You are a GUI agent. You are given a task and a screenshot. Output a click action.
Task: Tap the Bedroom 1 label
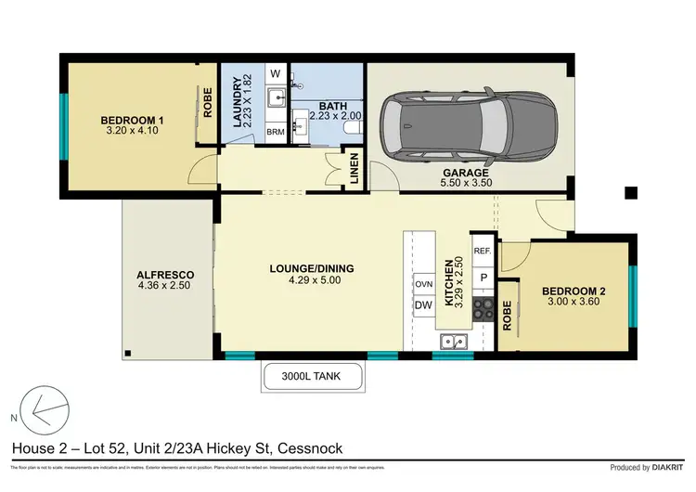pyautogui.click(x=132, y=119)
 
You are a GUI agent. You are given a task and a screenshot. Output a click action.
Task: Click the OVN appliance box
pyautogui.click(x=422, y=284)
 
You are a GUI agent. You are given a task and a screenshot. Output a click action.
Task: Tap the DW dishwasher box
pyautogui.click(x=422, y=304)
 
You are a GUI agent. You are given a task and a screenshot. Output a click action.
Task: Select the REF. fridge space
pyautogui.click(x=482, y=251)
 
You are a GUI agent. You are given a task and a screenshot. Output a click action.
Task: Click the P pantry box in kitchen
pyautogui.click(x=483, y=277)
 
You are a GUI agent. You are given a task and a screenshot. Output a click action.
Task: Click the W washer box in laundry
pyautogui.click(x=276, y=72)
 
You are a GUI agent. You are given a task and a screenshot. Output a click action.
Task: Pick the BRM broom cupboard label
pyautogui.click(x=276, y=132)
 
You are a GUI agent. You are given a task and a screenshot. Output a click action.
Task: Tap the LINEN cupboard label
pyautogui.click(x=354, y=169)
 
